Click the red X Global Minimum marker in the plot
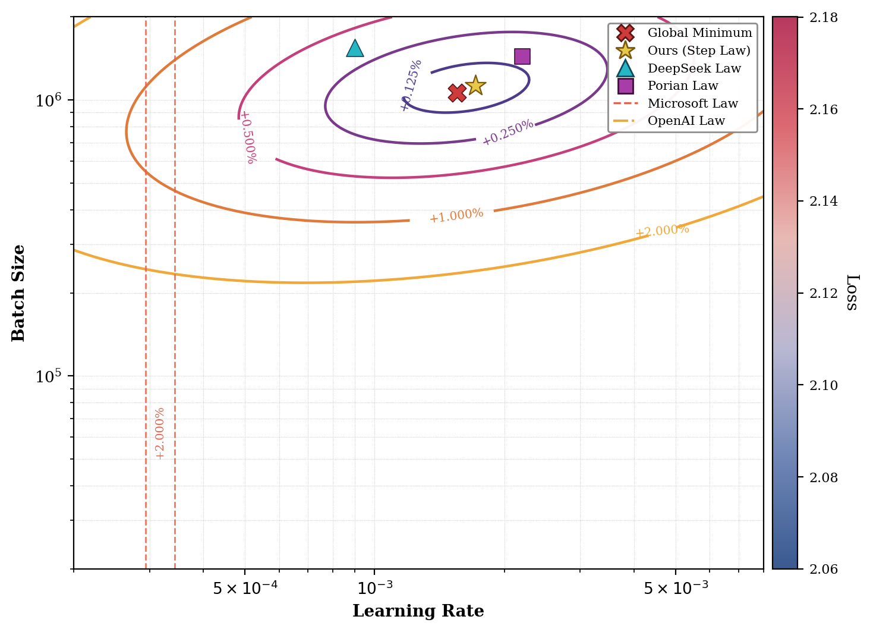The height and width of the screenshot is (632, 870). click(457, 93)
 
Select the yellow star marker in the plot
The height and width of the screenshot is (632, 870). click(475, 86)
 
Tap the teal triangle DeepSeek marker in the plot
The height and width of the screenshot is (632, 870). click(355, 49)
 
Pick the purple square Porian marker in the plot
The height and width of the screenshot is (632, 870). click(522, 56)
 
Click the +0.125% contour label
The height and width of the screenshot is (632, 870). click(411, 85)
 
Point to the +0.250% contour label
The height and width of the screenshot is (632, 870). click(508, 133)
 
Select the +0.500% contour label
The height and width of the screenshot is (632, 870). click(248, 137)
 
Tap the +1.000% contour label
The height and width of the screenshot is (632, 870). click(456, 215)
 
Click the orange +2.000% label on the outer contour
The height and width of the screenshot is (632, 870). click(662, 231)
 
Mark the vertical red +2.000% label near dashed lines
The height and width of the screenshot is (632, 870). click(159, 433)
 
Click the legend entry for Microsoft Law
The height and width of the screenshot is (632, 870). click(692, 103)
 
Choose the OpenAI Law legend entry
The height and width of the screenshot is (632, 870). click(686, 121)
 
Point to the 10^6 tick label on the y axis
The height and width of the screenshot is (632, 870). click(48, 100)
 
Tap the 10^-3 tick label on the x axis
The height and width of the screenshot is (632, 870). click(376, 587)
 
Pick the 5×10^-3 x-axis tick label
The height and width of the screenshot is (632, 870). click(676, 587)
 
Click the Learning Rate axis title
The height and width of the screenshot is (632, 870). click(418, 611)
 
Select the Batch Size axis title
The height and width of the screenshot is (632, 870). click(19, 293)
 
